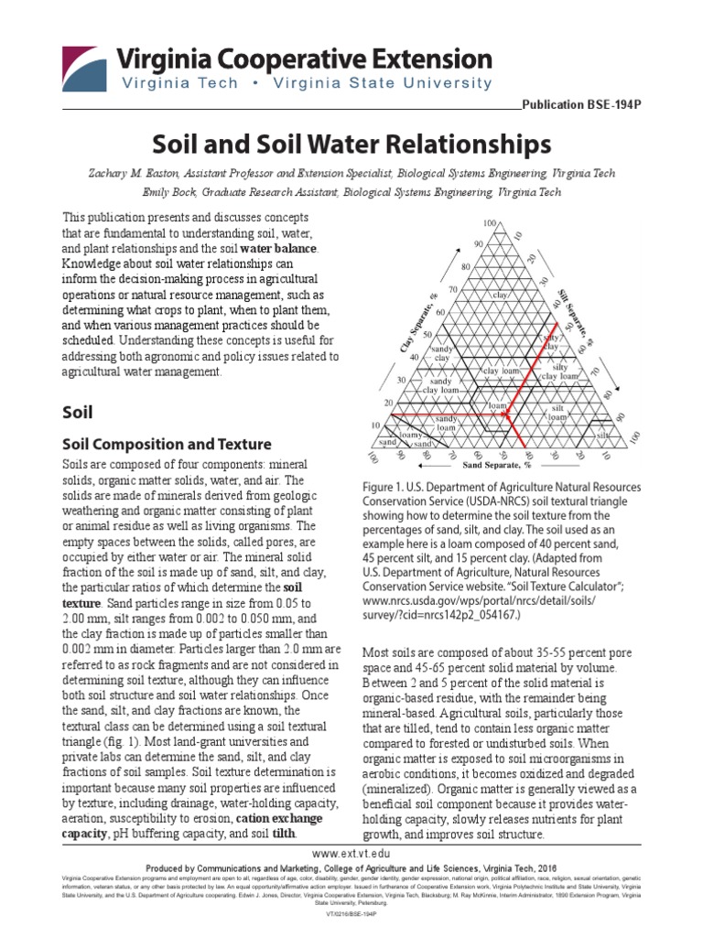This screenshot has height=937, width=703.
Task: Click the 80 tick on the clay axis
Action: (x=466, y=267)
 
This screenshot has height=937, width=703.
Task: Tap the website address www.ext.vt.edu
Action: (x=351, y=852)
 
